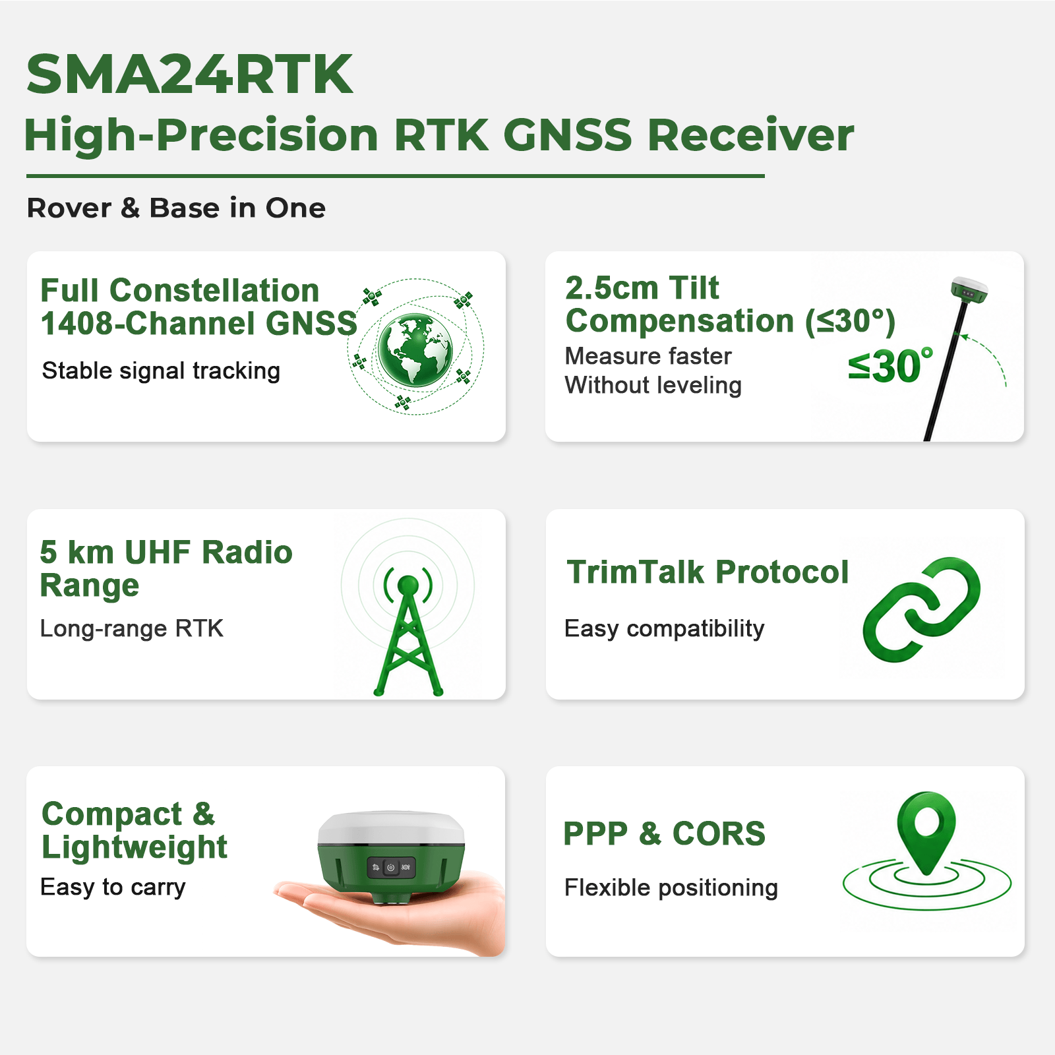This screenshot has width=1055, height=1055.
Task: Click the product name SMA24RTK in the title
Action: tap(189, 74)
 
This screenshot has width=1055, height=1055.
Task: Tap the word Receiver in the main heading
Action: tap(750, 135)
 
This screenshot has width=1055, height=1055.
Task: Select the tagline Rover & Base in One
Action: tap(176, 208)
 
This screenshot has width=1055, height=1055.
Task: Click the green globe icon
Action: tap(415, 349)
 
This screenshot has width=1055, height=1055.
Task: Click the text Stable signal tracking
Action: tap(161, 371)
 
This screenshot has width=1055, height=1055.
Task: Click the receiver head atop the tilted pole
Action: tap(969, 289)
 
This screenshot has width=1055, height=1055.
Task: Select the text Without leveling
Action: tap(653, 385)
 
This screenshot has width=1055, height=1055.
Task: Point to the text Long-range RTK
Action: tap(132, 628)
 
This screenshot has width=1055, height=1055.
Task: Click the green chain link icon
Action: tap(922, 609)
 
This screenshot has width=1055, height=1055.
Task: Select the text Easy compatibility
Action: tap(665, 628)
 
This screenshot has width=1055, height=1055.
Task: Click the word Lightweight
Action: tap(135, 847)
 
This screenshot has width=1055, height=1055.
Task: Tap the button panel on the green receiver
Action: tap(391, 868)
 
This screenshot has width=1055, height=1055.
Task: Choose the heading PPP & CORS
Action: tap(665, 833)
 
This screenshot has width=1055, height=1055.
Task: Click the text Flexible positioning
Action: tap(671, 888)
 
